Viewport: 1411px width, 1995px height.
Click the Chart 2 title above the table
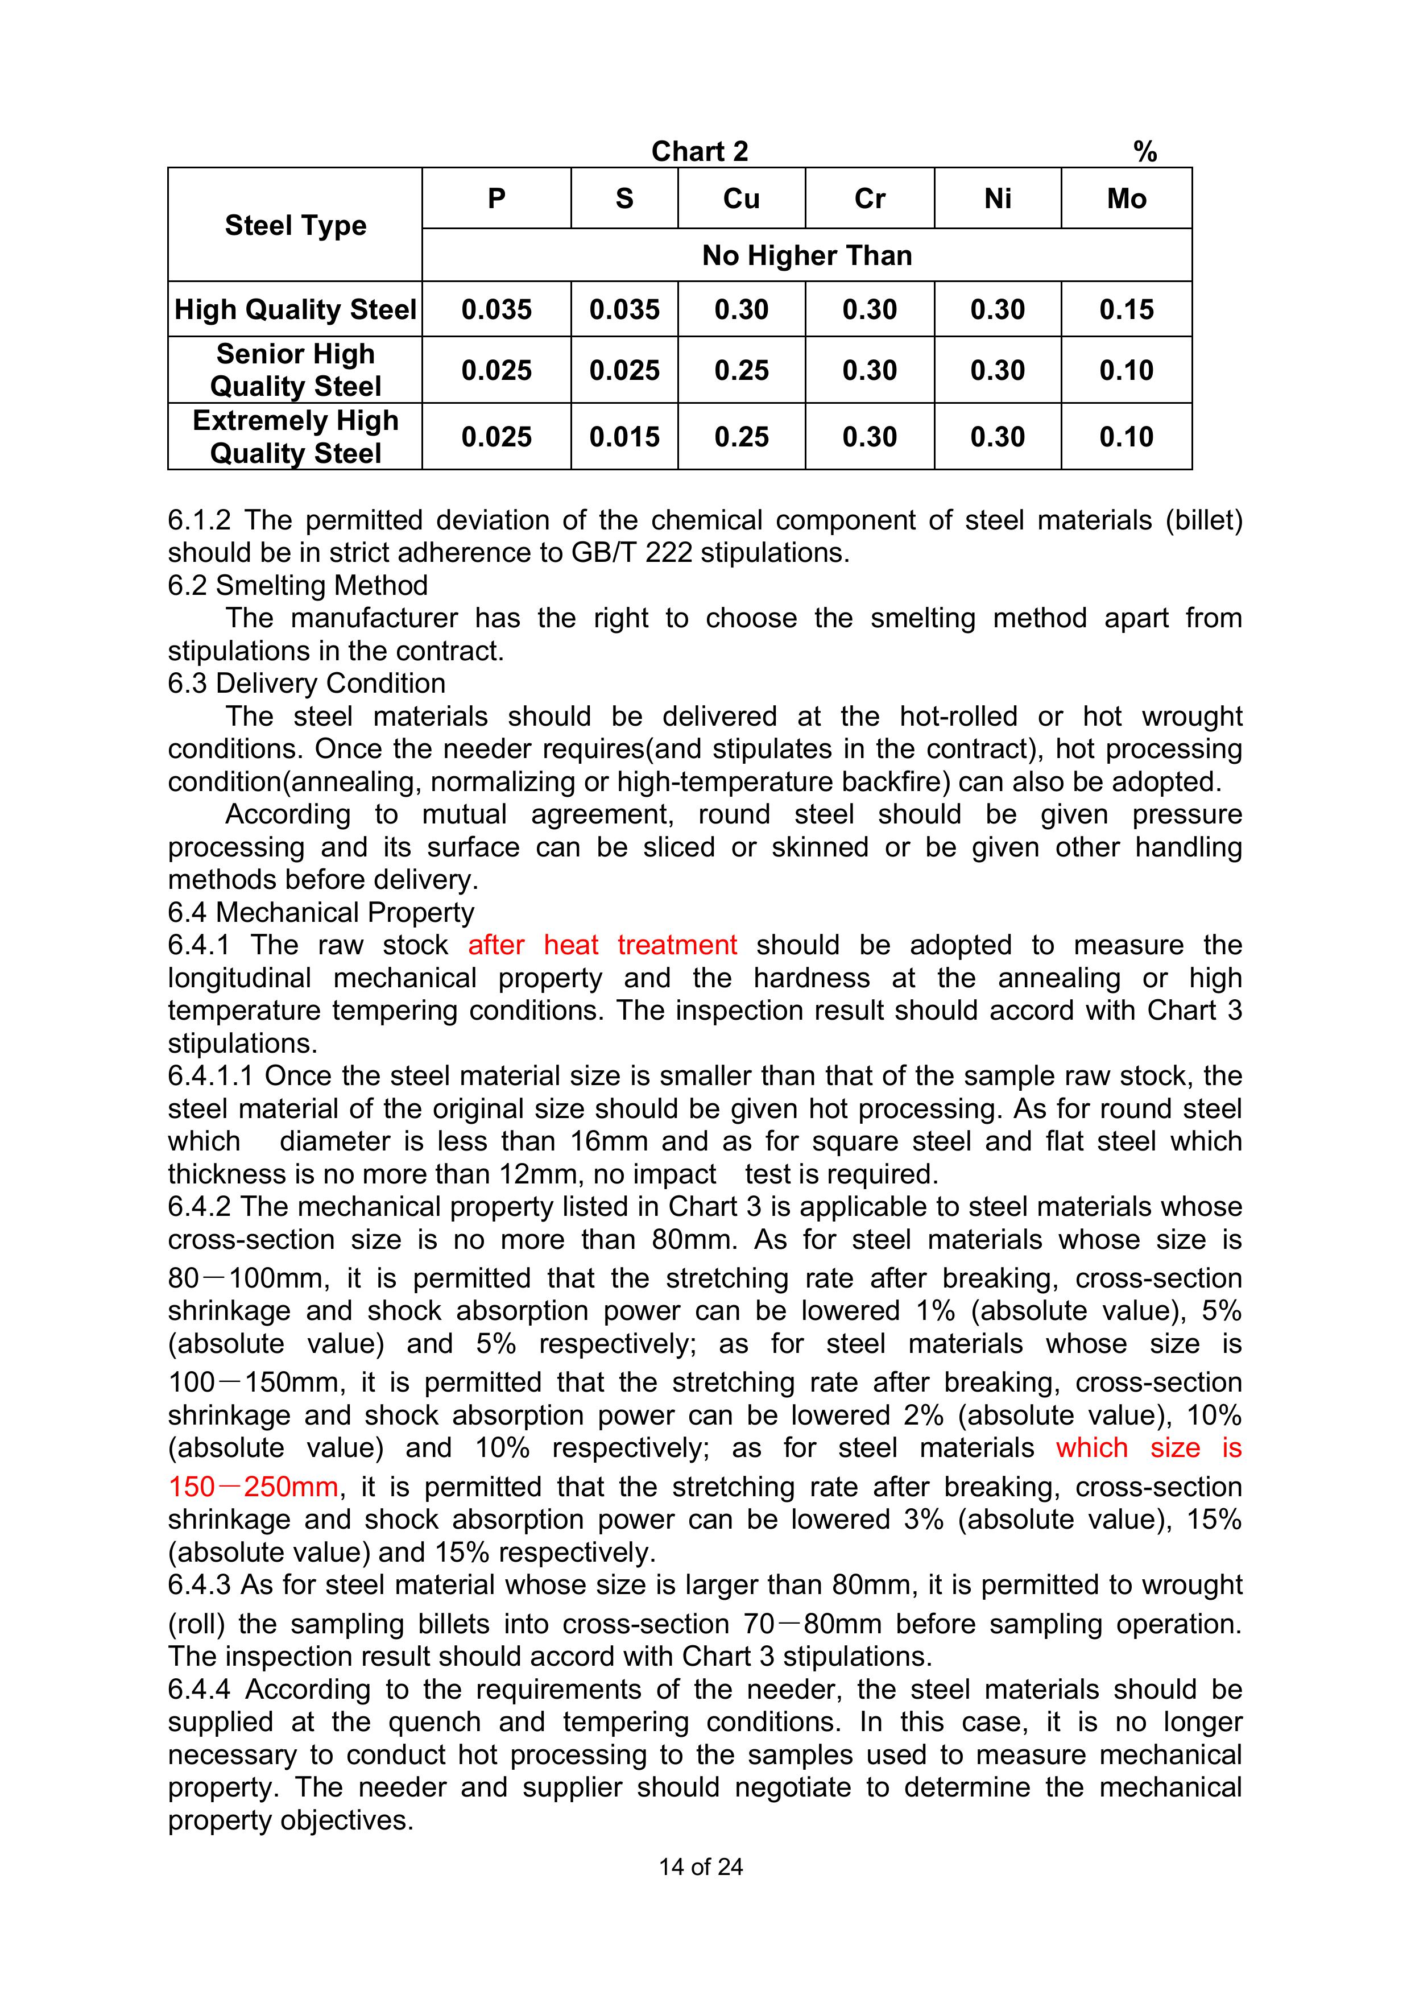(700, 151)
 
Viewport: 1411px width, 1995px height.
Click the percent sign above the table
(1144, 152)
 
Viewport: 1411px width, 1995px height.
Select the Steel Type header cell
(295, 225)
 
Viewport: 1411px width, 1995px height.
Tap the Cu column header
(741, 199)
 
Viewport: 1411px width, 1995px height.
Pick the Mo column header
(1126, 199)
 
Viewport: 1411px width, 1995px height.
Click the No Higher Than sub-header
(806, 255)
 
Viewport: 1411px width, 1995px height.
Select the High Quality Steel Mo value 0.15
(1126, 309)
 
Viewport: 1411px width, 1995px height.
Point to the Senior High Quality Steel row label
(295, 370)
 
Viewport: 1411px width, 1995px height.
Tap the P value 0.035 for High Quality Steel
(496, 309)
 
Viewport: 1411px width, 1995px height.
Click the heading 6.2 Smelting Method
(298, 586)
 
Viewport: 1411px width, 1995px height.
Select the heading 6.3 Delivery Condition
(307, 684)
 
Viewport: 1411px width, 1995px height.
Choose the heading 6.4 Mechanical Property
(321, 912)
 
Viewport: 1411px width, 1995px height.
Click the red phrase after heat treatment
(602, 945)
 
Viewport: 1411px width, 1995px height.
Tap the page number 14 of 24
(700, 1866)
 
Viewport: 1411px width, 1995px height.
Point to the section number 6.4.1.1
(210, 1076)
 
